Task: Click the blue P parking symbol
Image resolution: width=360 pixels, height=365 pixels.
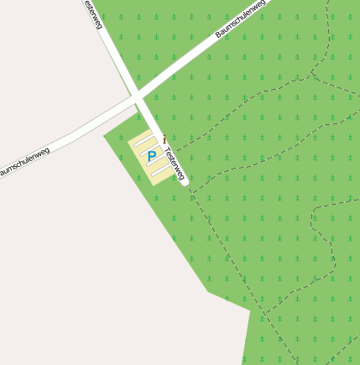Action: click(151, 156)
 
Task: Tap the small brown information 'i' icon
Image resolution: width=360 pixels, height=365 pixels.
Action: click(164, 138)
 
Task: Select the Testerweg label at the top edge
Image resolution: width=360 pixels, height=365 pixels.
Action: click(93, 13)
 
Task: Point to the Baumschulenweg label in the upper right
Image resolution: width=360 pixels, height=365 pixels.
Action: click(240, 18)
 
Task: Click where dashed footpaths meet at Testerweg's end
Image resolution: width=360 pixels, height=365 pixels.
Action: click(190, 189)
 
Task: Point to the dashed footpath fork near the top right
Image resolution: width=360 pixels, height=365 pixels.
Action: click(312, 74)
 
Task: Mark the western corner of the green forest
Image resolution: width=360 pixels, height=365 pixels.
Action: click(104, 136)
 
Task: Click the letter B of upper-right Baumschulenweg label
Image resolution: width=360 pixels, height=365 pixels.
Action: click(218, 34)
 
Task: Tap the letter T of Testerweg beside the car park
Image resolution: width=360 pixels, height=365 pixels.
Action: click(167, 151)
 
